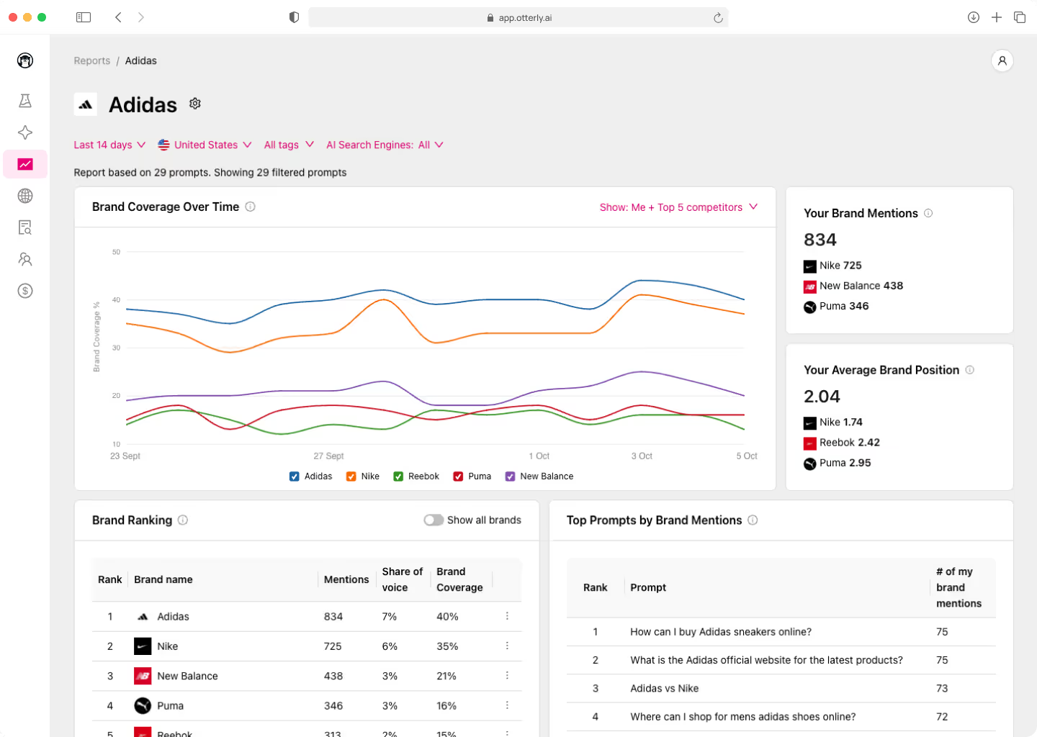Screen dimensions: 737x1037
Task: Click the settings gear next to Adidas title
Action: click(195, 104)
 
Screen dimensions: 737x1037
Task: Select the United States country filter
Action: click(205, 145)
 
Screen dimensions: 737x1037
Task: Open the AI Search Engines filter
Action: click(385, 145)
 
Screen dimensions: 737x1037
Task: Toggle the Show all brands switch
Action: click(434, 520)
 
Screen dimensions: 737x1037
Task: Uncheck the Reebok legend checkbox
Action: click(398, 476)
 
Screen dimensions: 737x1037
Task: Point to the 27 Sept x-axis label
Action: click(328, 456)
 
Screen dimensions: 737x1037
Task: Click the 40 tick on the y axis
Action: click(116, 300)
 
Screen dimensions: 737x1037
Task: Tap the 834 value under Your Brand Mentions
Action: click(820, 240)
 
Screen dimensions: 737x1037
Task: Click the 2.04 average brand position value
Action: click(822, 397)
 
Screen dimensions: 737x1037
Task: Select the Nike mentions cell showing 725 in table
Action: click(333, 646)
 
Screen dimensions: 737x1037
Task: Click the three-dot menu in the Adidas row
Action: click(507, 616)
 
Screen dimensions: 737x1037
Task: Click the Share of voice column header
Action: click(402, 579)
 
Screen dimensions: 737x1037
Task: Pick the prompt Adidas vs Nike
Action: click(664, 688)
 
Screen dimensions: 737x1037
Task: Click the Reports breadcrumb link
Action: click(91, 61)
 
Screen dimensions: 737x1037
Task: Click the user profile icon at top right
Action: click(1002, 61)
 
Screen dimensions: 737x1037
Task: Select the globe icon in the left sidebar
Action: click(25, 196)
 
